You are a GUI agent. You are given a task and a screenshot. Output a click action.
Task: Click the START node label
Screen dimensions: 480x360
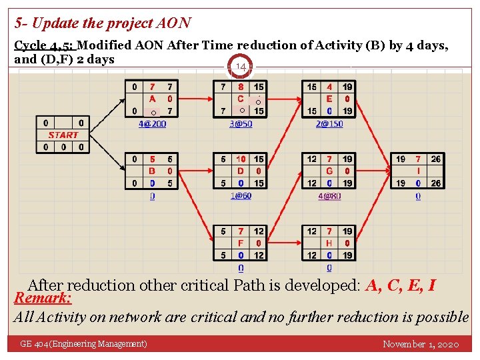point(63,135)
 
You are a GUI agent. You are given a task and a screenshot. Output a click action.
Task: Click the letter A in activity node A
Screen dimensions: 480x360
point(152,99)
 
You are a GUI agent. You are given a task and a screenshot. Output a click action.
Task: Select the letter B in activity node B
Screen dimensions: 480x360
point(152,171)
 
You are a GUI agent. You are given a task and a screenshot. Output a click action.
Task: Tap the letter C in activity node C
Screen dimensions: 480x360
point(241,99)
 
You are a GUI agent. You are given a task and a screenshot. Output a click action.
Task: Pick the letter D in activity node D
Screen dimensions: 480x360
point(241,171)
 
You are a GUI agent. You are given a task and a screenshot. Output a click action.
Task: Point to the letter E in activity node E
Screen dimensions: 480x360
point(329,99)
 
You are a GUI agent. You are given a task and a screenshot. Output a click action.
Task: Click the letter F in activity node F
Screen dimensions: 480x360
point(241,243)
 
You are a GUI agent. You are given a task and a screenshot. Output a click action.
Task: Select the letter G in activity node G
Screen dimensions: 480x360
point(329,171)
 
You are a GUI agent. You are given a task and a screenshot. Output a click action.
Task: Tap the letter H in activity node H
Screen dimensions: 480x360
point(329,243)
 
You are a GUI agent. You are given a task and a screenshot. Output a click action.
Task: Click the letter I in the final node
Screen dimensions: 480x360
point(418,171)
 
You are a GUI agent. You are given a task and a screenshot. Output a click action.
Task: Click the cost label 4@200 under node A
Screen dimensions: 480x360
point(152,123)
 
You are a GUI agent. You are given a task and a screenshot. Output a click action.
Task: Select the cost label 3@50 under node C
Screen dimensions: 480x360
point(241,123)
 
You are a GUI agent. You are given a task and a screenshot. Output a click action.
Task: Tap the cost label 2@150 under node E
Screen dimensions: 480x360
point(329,123)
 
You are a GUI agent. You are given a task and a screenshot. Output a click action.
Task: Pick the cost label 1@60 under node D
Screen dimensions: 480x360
point(241,196)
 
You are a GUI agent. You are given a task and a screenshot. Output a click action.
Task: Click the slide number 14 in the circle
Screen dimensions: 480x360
point(241,67)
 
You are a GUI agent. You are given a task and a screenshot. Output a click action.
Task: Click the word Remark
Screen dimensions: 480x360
point(42,297)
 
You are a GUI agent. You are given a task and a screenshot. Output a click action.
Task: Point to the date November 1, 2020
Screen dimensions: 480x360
point(421,344)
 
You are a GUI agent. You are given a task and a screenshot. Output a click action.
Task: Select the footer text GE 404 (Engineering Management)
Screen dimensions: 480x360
point(83,344)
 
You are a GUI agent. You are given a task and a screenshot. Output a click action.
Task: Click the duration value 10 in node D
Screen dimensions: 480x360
point(241,159)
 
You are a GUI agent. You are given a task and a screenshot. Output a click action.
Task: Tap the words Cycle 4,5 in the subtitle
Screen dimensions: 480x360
point(44,45)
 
